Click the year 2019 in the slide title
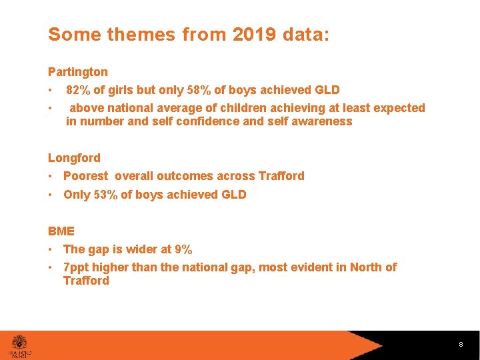[x=255, y=35]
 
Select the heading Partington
[x=77, y=71]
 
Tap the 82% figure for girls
[x=78, y=90]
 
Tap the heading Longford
[x=74, y=158]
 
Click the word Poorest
[x=85, y=176]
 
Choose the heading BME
[x=61, y=231]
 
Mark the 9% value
[x=183, y=249]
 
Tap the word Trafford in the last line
[x=86, y=281]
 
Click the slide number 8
[x=460, y=345]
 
